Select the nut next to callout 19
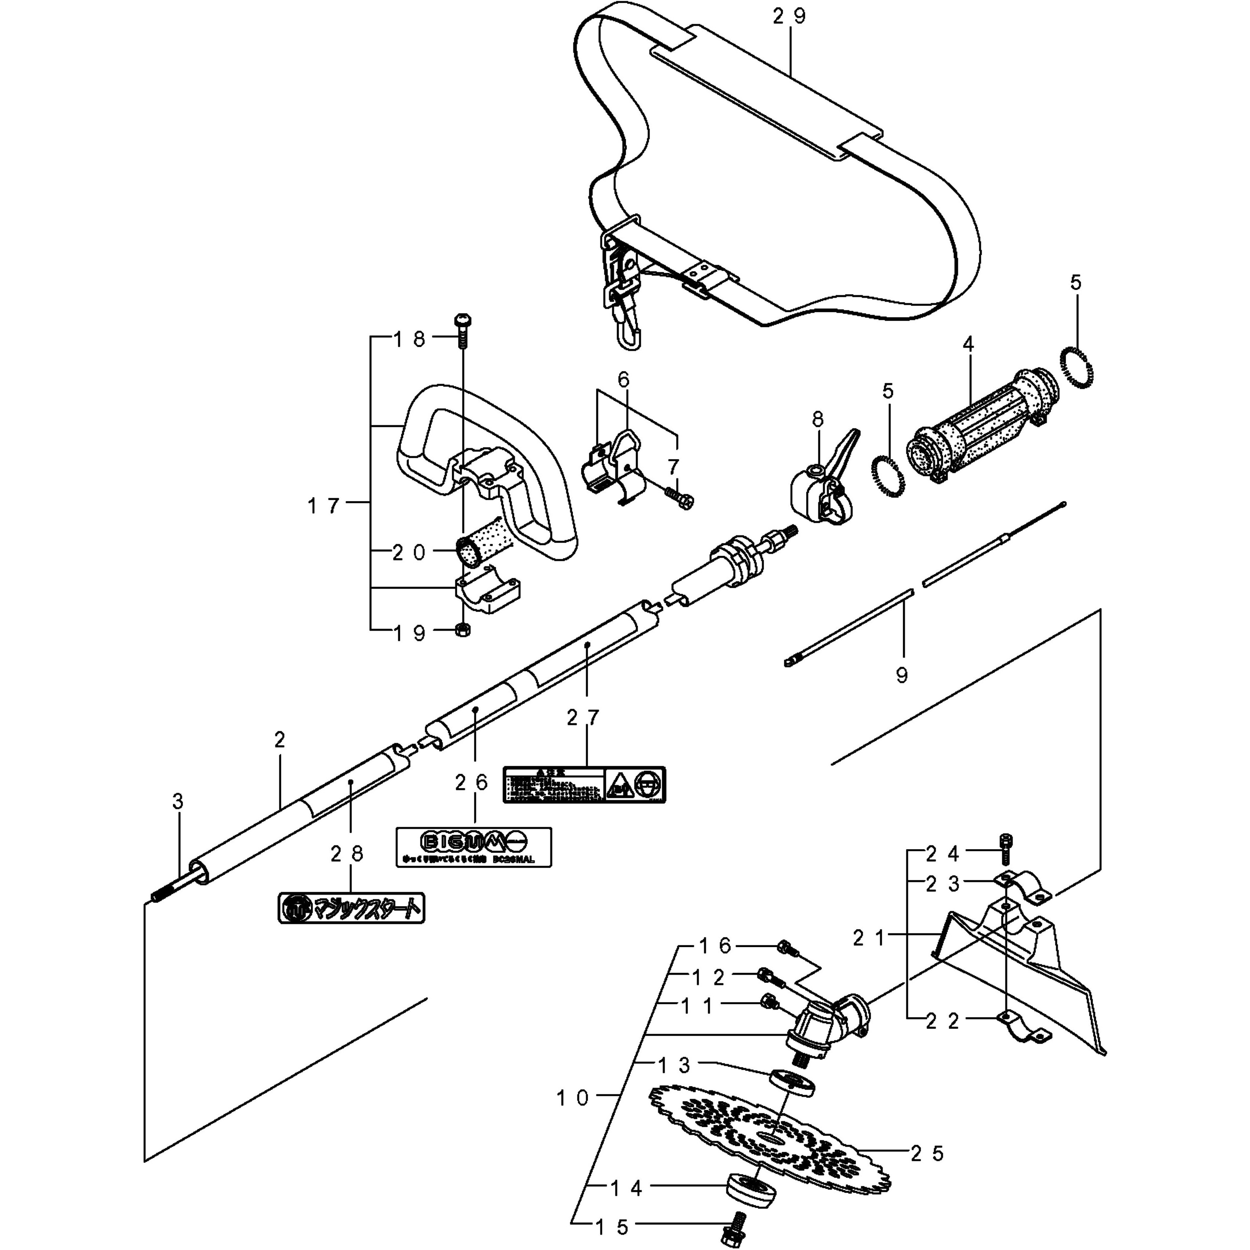click(462, 630)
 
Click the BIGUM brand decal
click(473, 846)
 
